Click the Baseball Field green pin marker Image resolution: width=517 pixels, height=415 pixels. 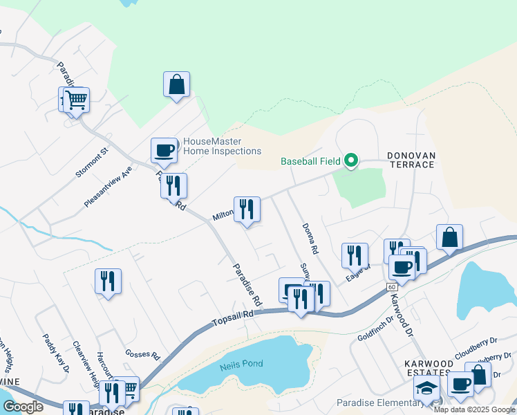pyautogui.click(x=351, y=160)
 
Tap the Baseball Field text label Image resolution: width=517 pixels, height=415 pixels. pyautogui.click(x=310, y=162)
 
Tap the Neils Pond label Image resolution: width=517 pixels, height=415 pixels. pyautogui.click(x=238, y=367)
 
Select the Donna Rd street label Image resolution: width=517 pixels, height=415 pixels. pyautogui.click(x=310, y=238)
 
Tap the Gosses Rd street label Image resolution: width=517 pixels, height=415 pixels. pyautogui.click(x=142, y=354)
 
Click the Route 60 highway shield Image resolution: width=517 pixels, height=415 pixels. pyautogui.click(x=392, y=286)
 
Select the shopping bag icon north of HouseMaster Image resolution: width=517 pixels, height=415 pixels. pyautogui.click(x=176, y=85)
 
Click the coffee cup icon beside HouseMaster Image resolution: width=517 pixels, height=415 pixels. pyautogui.click(x=164, y=150)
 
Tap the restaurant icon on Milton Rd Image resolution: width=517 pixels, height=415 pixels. pyautogui.click(x=247, y=210)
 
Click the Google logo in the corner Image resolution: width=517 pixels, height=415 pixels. pyautogui.click(x=23, y=407)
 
